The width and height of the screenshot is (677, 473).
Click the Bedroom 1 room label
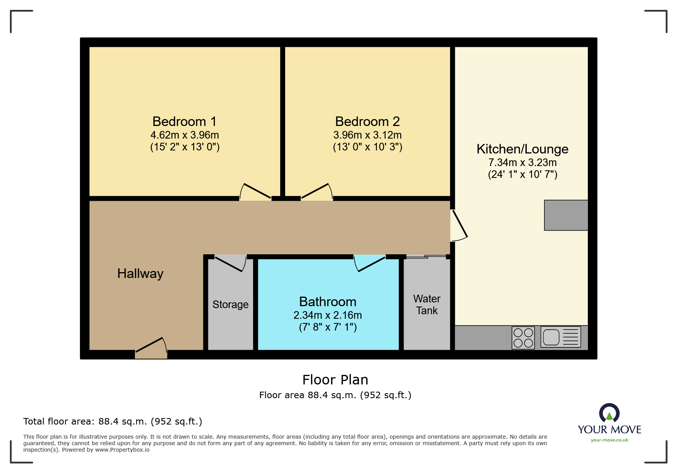[185, 121]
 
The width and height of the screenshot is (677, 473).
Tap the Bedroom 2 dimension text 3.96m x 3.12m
[367, 135]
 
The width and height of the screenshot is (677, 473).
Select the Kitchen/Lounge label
[522, 149]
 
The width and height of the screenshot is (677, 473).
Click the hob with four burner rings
[523, 338]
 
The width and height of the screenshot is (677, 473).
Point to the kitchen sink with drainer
[560, 337]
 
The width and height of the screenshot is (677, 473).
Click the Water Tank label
[427, 305]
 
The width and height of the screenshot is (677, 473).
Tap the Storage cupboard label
[230, 304]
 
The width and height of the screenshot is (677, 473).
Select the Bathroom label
[328, 302]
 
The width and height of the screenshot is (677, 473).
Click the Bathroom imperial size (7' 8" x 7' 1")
[328, 327]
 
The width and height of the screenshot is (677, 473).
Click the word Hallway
[140, 273]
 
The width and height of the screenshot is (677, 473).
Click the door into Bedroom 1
[255, 192]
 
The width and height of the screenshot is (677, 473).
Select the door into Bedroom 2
[317, 192]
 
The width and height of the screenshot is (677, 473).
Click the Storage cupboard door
[231, 263]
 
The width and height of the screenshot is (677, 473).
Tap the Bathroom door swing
[370, 263]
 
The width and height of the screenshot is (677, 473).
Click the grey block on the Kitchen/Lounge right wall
[566, 215]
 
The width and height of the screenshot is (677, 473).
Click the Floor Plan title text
[335, 380]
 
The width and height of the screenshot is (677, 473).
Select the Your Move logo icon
[609, 413]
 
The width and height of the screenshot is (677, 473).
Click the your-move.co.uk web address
[609, 440]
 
